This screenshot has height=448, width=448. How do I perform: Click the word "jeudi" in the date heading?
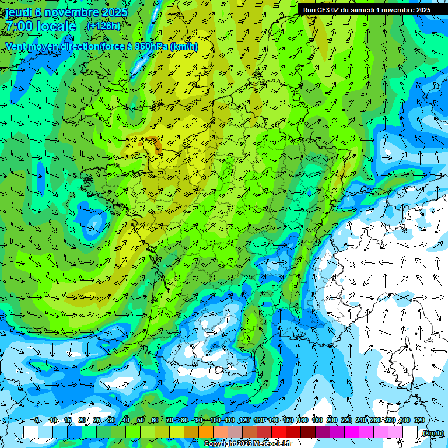point(19,12)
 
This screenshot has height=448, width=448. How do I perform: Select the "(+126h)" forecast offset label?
point(103,26)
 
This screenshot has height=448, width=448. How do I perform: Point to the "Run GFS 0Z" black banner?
point(367,9)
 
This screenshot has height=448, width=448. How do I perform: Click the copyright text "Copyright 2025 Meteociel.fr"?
point(248,444)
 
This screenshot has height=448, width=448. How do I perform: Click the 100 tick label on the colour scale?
point(215,420)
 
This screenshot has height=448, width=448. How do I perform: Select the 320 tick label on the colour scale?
point(419,420)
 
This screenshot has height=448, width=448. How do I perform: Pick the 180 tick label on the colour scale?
point(317,420)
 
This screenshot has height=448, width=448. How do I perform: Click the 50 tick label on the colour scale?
point(141,420)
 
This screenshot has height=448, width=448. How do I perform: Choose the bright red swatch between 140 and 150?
point(279,432)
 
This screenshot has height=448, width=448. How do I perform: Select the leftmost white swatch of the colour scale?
point(31,432)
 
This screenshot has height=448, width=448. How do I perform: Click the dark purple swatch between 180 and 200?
point(323,432)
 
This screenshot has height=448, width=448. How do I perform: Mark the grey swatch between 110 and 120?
point(236,432)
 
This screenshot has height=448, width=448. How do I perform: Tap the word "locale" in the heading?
point(56,26)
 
